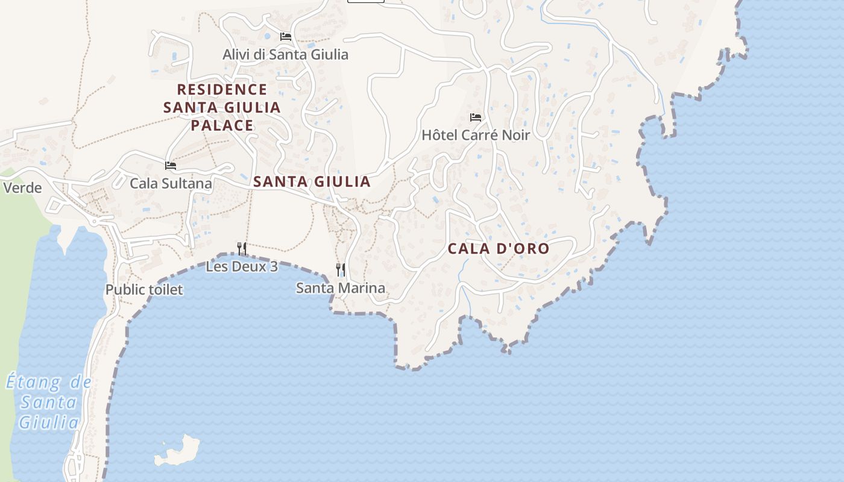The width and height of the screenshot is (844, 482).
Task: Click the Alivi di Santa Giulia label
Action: [x=285, y=54]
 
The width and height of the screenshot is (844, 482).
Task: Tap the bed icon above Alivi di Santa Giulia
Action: [x=286, y=37]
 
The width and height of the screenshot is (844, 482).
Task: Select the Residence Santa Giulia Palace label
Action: [x=222, y=107]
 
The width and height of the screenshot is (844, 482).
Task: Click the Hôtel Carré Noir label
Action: [x=475, y=135]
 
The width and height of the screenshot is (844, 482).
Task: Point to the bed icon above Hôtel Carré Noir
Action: [x=476, y=117]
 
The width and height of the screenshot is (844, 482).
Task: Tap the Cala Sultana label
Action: [x=171, y=183]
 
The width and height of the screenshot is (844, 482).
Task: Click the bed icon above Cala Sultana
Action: [x=171, y=166]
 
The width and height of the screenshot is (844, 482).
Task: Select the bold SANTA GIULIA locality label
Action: [x=312, y=182]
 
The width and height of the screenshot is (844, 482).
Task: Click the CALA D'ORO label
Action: [x=499, y=248]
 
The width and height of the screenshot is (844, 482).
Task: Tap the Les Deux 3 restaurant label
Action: [x=242, y=266]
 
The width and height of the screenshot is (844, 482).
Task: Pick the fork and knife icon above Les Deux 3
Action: [x=242, y=248]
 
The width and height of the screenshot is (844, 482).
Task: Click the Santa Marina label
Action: [x=341, y=288]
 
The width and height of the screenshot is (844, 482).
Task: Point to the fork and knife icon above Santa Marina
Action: [x=341, y=269]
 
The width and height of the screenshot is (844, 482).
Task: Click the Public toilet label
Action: [x=144, y=290]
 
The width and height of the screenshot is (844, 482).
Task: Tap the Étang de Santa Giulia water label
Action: [x=49, y=402]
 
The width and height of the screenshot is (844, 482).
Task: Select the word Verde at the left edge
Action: [x=22, y=188]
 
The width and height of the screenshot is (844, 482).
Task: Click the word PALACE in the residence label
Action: [x=222, y=125]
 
